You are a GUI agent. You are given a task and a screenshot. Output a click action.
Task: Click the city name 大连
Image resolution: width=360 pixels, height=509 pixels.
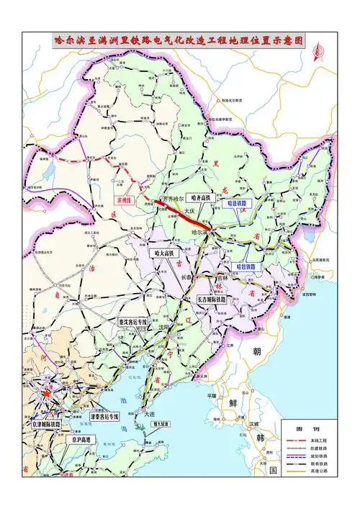coord(149,415)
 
